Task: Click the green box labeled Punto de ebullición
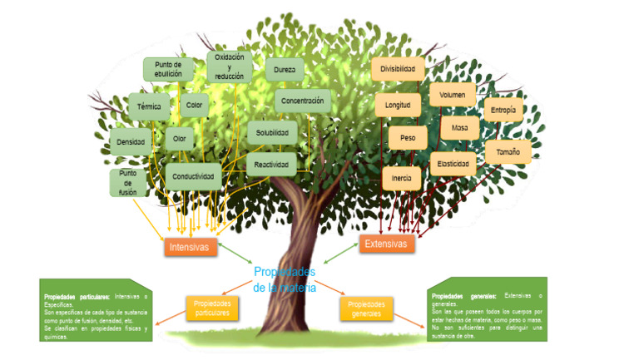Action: [168, 69]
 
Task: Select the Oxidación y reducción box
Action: [230, 66]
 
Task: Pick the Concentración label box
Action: [302, 101]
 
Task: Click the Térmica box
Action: [149, 106]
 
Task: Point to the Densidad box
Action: [131, 142]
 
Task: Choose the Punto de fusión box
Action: [127, 183]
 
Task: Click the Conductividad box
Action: [193, 176]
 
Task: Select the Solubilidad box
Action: [272, 132]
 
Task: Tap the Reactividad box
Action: [271, 165]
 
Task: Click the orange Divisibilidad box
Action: [398, 69]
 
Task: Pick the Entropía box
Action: [503, 110]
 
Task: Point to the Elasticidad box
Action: [453, 164]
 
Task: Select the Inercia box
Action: [402, 178]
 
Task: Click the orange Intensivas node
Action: [190, 248]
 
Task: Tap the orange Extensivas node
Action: [386, 244]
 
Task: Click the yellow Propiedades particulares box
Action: [212, 308]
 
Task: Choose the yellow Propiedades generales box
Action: [366, 308]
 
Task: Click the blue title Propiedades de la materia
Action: [285, 279]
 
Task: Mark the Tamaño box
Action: [508, 152]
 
